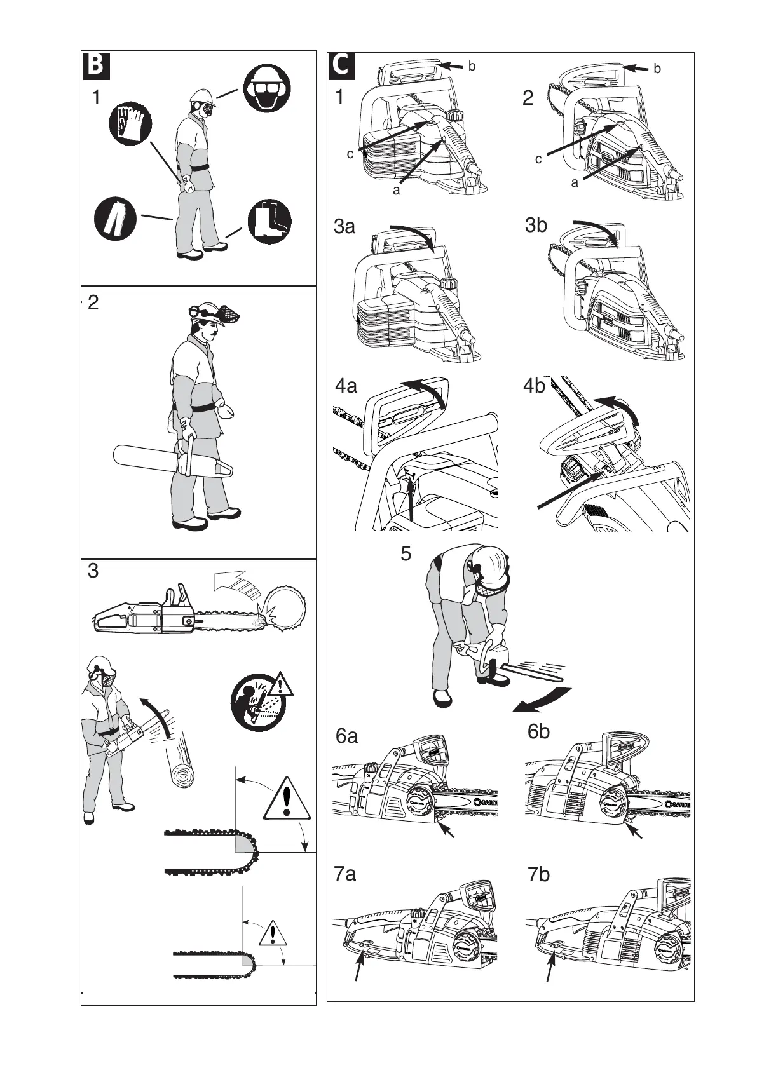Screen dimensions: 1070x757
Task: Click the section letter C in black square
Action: [x=343, y=66]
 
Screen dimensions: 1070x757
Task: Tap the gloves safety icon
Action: [x=130, y=123]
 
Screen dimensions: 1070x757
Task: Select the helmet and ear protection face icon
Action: [x=268, y=90]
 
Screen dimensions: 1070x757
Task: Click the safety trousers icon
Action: [x=115, y=219]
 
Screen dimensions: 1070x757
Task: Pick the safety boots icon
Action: [x=269, y=221]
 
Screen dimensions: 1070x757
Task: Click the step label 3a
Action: [x=344, y=227]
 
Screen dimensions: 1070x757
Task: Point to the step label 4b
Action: [x=535, y=386]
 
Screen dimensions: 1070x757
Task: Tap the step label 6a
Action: [x=346, y=736]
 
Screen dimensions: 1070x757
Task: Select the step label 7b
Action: [x=538, y=875]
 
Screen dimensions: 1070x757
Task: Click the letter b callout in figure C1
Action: [x=472, y=66]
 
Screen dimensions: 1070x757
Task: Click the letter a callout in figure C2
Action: [x=575, y=184]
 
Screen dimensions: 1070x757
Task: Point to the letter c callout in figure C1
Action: [x=350, y=154]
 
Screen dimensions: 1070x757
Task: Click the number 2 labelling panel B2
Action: [x=93, y=303]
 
